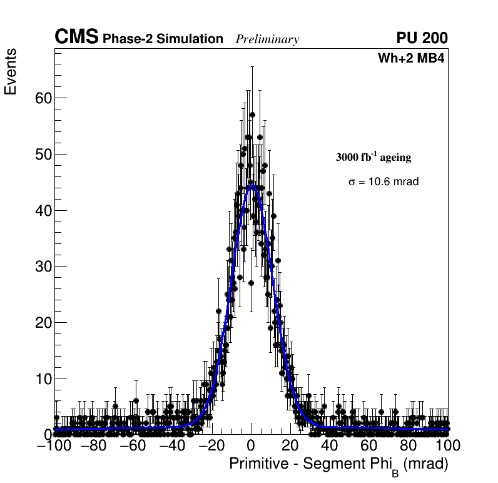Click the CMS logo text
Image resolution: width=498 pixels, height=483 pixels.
76,38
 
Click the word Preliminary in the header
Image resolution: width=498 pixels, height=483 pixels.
267,39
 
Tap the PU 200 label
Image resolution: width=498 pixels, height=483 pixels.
422,38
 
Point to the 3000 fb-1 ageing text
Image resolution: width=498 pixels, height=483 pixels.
373,157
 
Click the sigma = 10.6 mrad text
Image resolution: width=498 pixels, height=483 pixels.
383,181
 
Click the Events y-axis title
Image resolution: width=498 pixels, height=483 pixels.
11,73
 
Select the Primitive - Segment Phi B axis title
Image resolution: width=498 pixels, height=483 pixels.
338,465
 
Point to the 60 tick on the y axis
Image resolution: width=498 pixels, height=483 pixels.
43,98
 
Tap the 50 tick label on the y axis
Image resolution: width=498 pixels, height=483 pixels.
43,154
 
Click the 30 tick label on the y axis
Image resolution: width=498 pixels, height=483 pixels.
43,267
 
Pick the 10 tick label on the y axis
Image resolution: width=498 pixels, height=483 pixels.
43,379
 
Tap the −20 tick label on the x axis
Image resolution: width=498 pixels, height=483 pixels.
209,445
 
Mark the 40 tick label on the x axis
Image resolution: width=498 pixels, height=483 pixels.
330,445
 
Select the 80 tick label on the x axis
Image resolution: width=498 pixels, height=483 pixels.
409,445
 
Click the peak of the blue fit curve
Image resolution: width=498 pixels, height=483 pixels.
252,186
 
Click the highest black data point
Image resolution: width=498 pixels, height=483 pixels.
252,114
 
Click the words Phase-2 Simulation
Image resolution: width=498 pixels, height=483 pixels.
163,39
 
